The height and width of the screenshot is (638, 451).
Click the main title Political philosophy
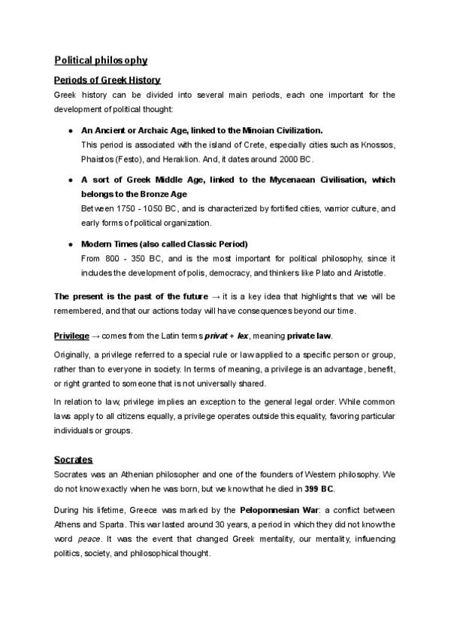[101, 60]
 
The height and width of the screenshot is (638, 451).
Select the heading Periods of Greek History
[107, 80]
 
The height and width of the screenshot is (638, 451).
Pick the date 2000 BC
[294, 159]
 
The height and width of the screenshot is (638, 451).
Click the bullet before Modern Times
[69, 245]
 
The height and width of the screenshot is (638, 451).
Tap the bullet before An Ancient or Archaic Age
[69, 129]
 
